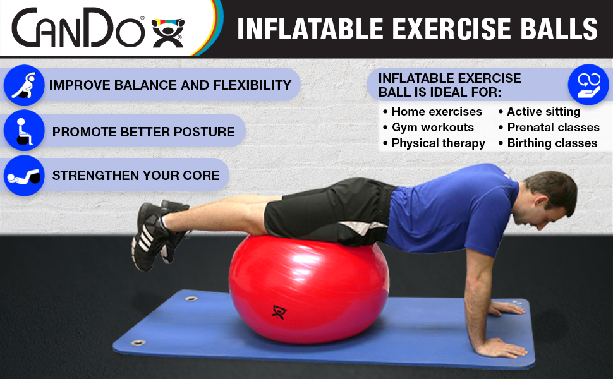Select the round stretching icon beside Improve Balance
24,85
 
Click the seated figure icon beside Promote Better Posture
24,131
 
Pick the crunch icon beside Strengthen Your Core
24,176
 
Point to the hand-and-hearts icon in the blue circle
588,85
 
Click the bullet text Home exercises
437,112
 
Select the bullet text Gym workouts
433,128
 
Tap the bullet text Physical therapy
438,143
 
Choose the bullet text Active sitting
543,112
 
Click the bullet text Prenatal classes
553,128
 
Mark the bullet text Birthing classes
552,143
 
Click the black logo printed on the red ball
279,312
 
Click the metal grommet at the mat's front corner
138,343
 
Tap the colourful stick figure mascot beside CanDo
167,33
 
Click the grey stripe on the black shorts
363,227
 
